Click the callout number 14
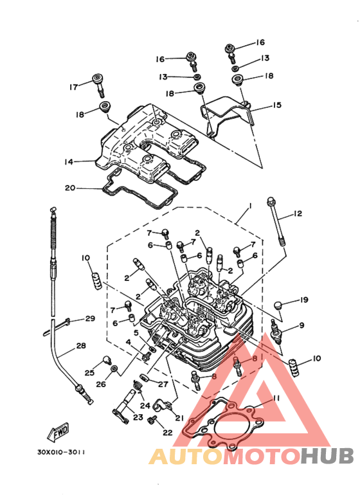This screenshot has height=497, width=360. coord(69,161)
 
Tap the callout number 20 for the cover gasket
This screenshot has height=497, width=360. coord(70,188)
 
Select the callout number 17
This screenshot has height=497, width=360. coord(73,87)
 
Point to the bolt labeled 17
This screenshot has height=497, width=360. coord(98,85)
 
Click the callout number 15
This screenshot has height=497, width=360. coord(277,105)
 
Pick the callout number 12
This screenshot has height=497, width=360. coord(298,213)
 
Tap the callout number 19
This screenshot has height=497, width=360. coord(304,300)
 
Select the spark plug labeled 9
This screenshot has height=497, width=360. coord(276,332)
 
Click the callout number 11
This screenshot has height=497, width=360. coord(276,398)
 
